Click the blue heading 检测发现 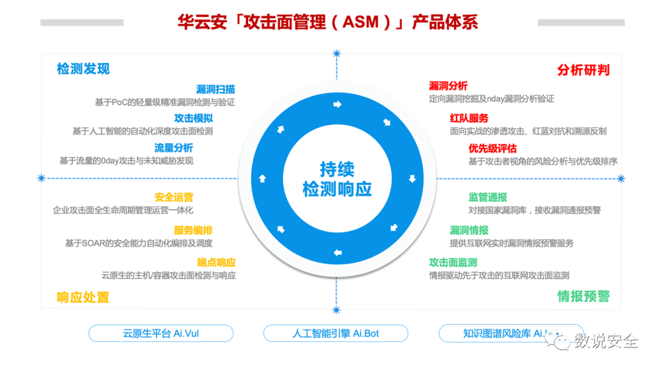pyautogui.click(x=83, y=69)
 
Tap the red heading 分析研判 pyautogui.click(x=583, y=70)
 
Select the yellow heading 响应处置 pyautogui.click(x=83, y=297)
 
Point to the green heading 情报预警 pyautogui.click(x=583, y=297)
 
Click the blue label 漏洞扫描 pyautogui.click(x=215, y=89)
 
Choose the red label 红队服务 pyautogui.click(x=469, y=118)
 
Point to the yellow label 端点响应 pyautogui.click(x=216, y=263)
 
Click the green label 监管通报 pyautogui.click(x=488, y=197)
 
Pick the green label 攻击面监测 pyautogui.click(x=453, y=263)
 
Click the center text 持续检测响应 pyautogui.click(x=337, y=179)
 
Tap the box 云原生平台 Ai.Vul pyautogui.click(x=161, y=333)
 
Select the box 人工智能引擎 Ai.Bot pyautogui.click(x=335, y=333)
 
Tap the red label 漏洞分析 pyautogui.click(x=448, y=86)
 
